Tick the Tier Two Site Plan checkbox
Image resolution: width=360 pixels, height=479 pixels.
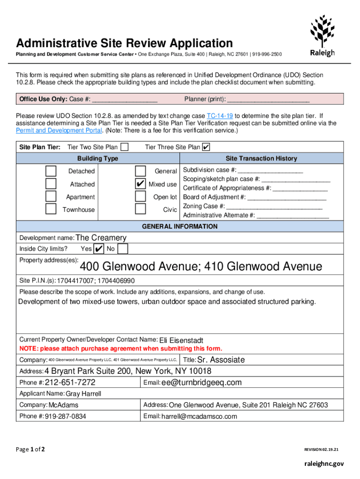pyautogui.click(x=125, y=147)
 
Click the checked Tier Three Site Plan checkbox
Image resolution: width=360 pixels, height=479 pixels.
pyautogui.click(x=206, y=147)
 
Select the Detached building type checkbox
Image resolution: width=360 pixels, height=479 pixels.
pyautogui.click(x=51, y=171)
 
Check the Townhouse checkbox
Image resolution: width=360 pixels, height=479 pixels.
pyautogui.click(x=51, y=209)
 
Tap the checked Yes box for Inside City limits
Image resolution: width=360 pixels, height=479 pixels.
pyautogui.click(x=99, y=248)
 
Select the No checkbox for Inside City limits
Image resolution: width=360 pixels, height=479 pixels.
pyautogui.click(x=122, y=248)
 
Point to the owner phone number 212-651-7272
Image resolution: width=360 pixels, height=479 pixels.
pyautogui.click(x=70, y=383)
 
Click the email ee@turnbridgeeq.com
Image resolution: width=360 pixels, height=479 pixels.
pyautogui.click(x=202, y=383)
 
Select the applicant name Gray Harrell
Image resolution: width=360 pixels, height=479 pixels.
pyautogui.click(x=83, y=394)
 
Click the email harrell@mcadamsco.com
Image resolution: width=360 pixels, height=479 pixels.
pyautogui.click(x=199, y=416)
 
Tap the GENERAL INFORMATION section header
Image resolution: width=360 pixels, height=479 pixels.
pyautogui.click(x=180, y=226)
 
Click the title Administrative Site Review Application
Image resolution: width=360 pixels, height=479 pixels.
pyautogui.click(x=124, y=44)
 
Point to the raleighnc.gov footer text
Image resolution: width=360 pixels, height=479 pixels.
pyautogui.click(x=324, y=464)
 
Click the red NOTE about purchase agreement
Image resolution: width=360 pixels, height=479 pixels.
pyautogui.click(x=121, y=348)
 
